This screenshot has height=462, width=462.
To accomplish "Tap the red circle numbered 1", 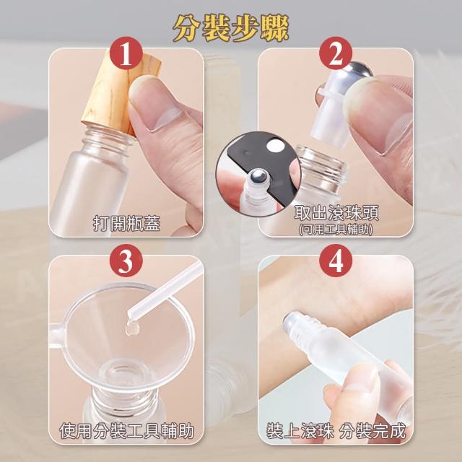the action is (126, 53).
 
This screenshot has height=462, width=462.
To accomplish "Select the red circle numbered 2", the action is (336, 53).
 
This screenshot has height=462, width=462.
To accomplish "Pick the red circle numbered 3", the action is (126, 261).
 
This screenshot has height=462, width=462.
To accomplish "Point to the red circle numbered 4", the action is (336, 261).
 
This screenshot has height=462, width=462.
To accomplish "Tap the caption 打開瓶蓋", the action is (127, 223).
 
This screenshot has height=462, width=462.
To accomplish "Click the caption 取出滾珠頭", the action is (336, 212).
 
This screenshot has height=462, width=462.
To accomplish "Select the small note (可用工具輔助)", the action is (336, 230).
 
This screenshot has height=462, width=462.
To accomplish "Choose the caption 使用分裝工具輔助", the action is (127, 431).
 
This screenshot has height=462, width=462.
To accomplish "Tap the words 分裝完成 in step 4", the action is (372, 431).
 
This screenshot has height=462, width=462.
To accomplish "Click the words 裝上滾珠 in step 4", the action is (300, 431).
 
